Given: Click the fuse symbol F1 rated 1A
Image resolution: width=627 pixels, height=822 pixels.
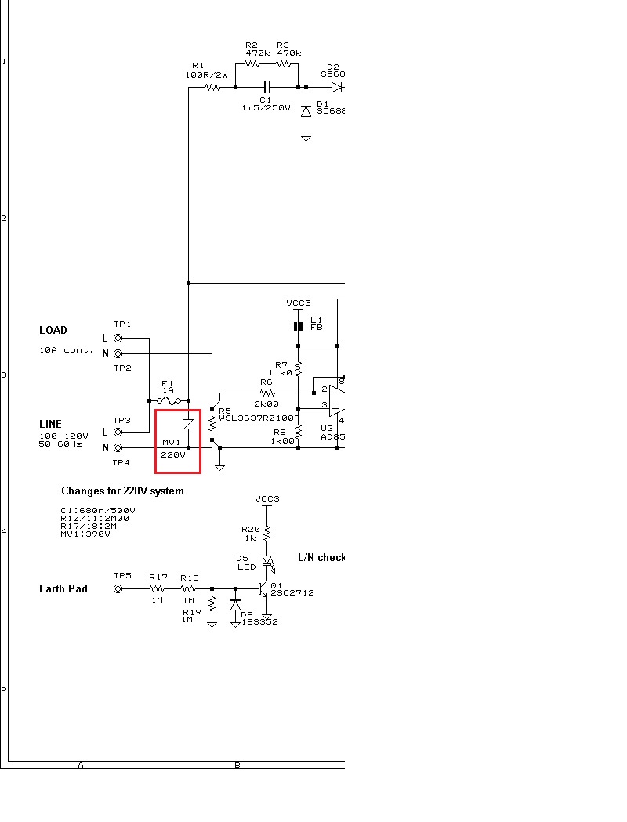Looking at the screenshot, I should tap(169, 400).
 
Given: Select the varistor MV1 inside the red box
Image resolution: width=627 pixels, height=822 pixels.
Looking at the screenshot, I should tap(188, 424).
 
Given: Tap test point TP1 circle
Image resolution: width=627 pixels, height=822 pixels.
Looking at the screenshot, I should tap(118, 338).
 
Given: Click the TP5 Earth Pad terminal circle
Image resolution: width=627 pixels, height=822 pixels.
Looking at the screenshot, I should tap(118, 588).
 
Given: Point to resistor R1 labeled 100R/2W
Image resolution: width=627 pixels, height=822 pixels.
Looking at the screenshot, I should tap(213, 87).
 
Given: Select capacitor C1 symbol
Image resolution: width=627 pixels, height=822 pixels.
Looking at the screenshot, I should tap(266, 87).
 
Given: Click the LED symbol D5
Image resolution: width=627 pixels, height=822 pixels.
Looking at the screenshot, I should tap(266, 560).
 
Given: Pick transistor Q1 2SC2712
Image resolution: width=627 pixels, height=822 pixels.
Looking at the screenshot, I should tap(264, 588).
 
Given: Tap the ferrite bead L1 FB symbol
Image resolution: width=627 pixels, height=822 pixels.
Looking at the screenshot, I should tap(298, 326).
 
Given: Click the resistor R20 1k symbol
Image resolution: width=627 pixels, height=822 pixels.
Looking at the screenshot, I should tap(266, 534).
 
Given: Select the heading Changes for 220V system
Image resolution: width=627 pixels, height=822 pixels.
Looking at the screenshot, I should tap(122, 491).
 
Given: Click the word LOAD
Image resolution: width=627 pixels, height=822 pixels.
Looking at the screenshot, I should tap(53, 330).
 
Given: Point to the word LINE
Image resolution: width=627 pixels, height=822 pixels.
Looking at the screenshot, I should tap(50, 424).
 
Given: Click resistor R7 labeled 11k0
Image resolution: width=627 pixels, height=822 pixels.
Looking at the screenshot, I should tap(298, 369).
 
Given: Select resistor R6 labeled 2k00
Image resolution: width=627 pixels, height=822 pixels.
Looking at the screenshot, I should tap(266, 393).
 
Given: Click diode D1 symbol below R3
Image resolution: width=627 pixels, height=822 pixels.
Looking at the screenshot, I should tap(306, 112).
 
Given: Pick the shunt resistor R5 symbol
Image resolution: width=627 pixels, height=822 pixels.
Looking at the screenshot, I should tap(212, 424).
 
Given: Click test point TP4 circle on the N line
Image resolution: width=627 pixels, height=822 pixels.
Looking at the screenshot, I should tap(118, 447).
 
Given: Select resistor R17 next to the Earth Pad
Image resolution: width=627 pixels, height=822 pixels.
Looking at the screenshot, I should tap(158, 588).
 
